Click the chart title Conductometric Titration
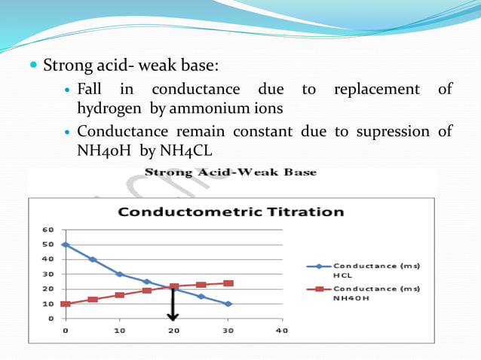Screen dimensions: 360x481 pos(231,212)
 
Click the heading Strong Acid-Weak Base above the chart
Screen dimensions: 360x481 pos(230,172)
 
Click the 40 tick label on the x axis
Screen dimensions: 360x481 pos(282,330)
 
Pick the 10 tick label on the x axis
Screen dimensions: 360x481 pos(120,330)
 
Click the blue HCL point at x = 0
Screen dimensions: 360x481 pos(66,245)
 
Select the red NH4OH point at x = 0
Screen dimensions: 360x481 pos(66,304)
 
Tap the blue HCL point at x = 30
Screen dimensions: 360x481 pos(228,304)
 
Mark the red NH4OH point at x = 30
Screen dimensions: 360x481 pos(228,283)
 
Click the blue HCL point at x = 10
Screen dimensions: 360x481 pos(120,274)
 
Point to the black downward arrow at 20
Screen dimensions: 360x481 pos(174,305)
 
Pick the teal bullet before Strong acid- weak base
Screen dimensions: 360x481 pos(33,66)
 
